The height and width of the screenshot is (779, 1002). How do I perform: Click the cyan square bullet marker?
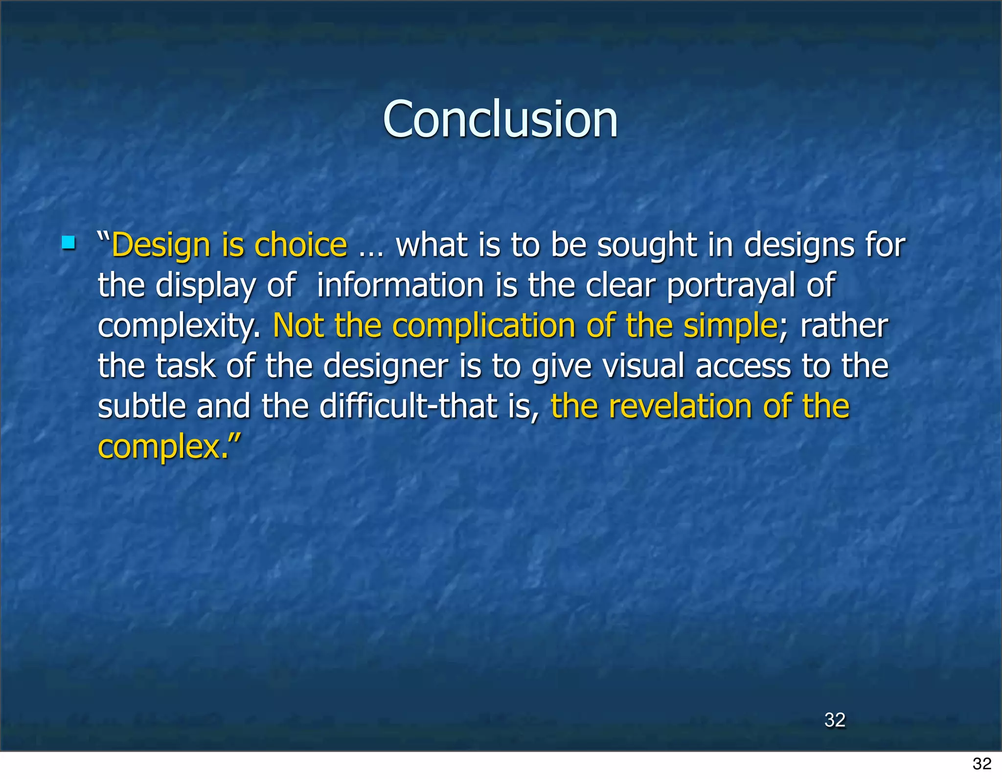click(68, 243)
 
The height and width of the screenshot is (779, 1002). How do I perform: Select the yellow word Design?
click(161, 245)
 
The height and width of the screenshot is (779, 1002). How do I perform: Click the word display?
click(205, 286)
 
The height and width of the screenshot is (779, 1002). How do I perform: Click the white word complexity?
click(179, 327)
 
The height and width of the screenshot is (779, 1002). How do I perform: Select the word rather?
click(843, 326)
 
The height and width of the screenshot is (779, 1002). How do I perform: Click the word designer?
click(386, 367)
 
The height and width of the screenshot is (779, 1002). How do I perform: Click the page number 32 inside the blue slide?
click(835, 719)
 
